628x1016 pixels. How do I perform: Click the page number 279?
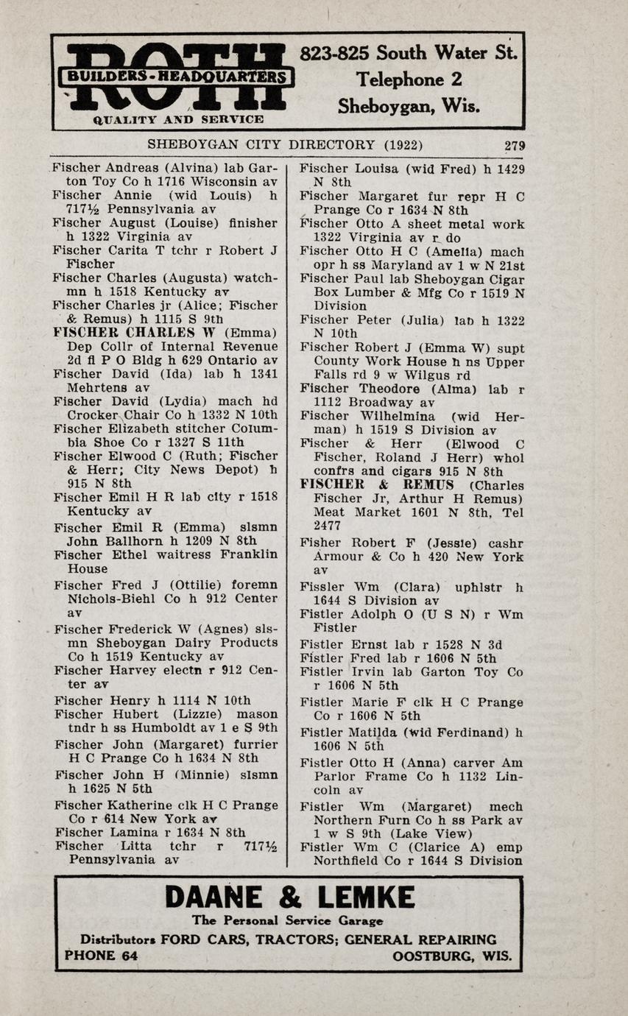tap(514, 145)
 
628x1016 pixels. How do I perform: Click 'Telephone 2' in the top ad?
tap(410, 80)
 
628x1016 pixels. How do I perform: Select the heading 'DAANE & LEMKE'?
tap(289, 897)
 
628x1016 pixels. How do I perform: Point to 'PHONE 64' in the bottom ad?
tap(101, 956)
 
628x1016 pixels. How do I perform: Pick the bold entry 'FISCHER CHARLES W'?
tap(136, 332)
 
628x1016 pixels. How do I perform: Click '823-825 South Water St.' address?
tap(409, 53)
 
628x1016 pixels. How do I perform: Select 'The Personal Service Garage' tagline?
tap(288, 920)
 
